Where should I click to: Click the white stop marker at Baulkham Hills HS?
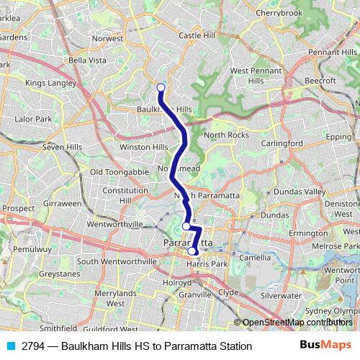[x=161, y=88]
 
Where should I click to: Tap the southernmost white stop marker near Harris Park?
[x=192, y=251]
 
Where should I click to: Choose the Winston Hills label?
[x=143, y=147]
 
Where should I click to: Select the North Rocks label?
[x=226, y=135]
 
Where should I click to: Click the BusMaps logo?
[x=322, y=346]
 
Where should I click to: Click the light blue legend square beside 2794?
[x=11, y=346]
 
